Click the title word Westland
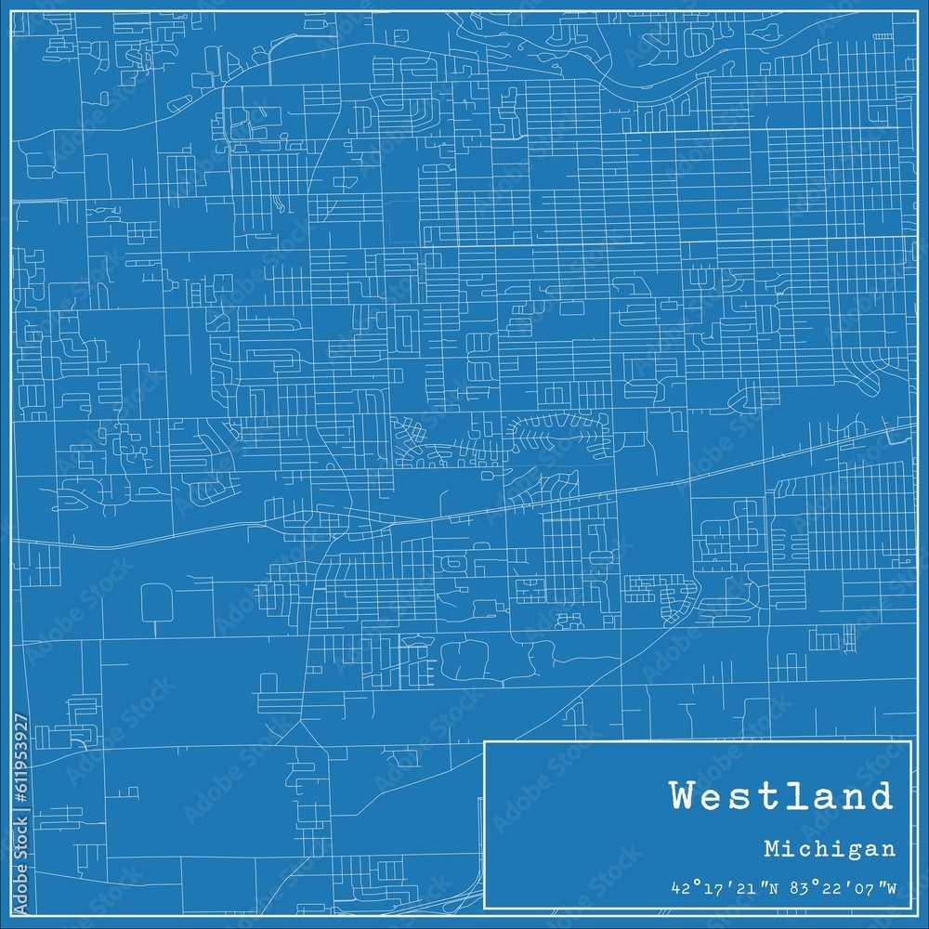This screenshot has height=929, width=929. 780,796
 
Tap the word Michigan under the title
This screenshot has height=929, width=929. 831,848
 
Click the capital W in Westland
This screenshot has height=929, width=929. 683,796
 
